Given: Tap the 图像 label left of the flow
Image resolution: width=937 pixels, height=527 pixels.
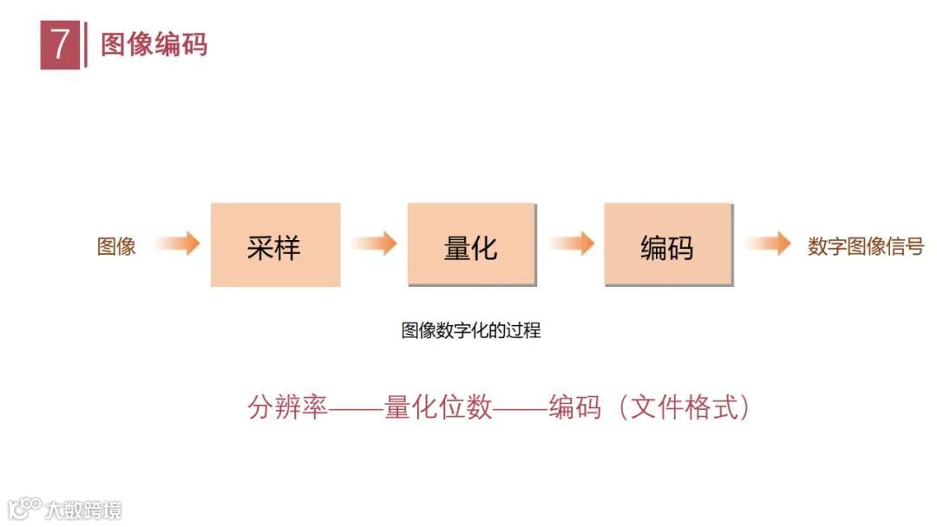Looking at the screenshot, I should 116,246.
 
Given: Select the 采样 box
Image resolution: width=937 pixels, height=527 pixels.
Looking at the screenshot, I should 275,245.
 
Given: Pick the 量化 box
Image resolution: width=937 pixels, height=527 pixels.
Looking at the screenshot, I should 471,245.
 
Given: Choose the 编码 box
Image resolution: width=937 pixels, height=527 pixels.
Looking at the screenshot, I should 667,245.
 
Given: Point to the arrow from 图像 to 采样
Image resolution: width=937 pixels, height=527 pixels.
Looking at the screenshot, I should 179,244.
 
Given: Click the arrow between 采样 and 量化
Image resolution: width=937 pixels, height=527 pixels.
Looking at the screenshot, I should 375,244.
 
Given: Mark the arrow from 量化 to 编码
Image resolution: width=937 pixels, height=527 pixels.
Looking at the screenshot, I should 572,244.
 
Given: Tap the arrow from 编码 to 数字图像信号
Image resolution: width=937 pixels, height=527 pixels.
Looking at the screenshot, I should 768,244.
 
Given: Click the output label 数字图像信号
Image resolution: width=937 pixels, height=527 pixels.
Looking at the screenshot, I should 865,246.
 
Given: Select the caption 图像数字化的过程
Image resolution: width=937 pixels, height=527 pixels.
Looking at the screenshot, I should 471,330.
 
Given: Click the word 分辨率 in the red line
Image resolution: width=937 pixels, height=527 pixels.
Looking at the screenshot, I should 287,407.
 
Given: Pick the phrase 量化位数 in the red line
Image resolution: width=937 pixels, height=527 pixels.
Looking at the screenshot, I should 438,407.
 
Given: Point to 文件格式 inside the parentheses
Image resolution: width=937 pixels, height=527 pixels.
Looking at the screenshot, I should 682,407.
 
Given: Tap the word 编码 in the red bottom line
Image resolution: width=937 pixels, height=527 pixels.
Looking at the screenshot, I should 574,407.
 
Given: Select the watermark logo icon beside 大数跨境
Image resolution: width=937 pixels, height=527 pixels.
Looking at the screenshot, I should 25,507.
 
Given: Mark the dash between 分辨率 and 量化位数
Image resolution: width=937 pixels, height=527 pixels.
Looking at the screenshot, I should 356,407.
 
